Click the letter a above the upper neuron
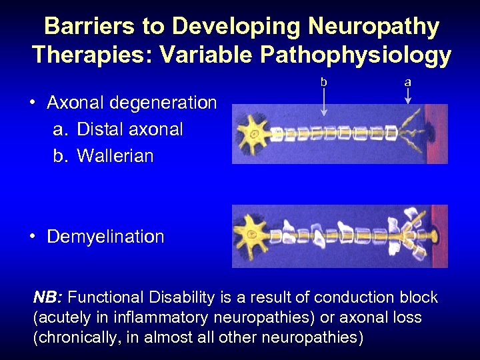pyautogui.click(x=408, y=82)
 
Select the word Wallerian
pyautogui.click(x=115, y=156)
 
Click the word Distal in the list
pyautogui.click(x=99, y=129)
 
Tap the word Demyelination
pyautogui.click(x=105, y=237)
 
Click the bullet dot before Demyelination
pyautogui.click(x=32, y=237)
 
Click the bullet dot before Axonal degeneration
pyautogui.click(x=32, y=103)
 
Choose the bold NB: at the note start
pyautogui.click(x=48, y=297)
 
